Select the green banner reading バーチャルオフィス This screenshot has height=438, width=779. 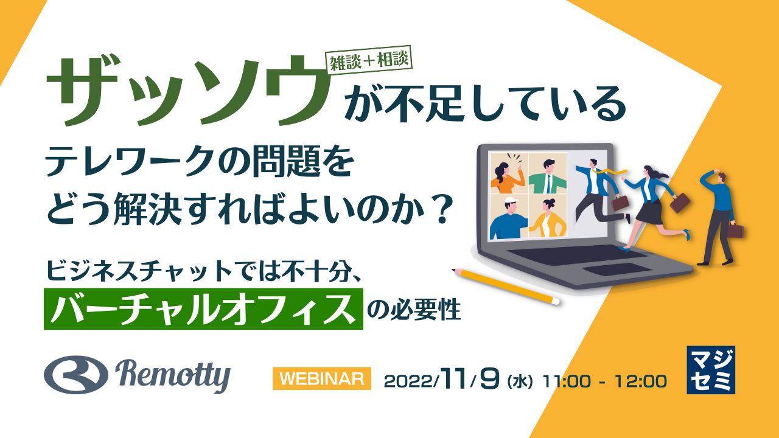coord(203,309)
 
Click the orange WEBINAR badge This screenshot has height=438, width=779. coord(321,378)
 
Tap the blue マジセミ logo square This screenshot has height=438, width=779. coord(710,370)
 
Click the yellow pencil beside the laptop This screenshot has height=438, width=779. coord(505,285)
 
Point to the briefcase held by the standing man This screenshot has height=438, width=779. coord(736,231)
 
